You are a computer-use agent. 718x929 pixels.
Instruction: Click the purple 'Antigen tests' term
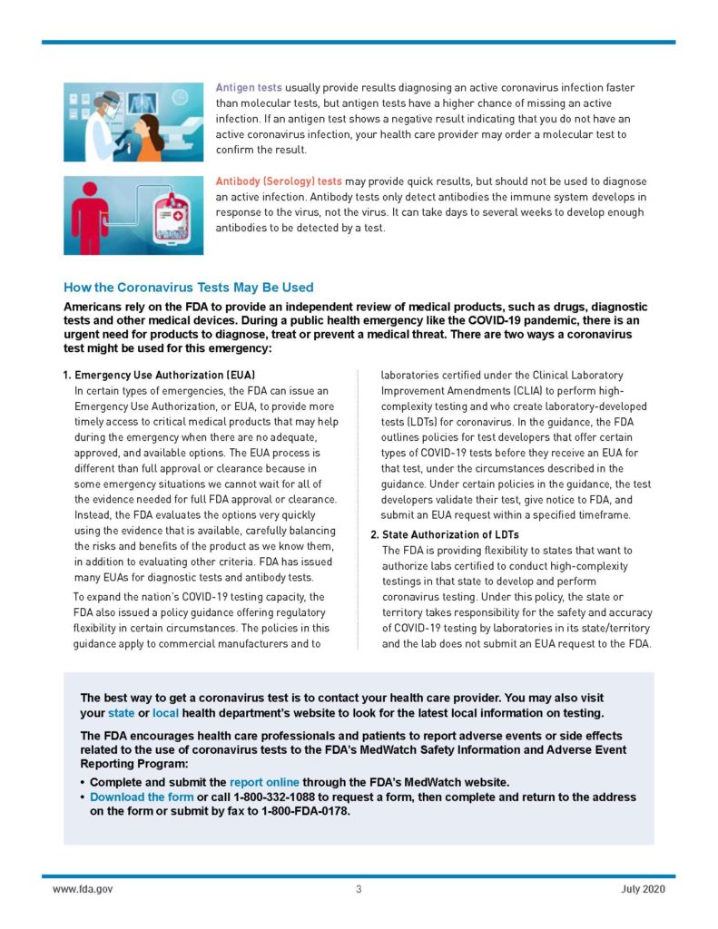pyautogui.click(x=249, y=88)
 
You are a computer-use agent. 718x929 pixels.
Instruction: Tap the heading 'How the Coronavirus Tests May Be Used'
pyautogui.click(x=189, y=287)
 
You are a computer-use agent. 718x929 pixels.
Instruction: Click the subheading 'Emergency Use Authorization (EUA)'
pyautogui.click(x=164, y=375)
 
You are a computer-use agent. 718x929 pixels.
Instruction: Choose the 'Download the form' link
pyautogui.click(x=141, y=797)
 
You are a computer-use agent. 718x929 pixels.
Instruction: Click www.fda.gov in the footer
pyautogui.click(x=83, y=889)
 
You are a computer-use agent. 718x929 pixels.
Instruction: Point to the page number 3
pyautogui.click(x=359, y=889)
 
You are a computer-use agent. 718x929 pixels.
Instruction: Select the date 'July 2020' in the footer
pyautogui.click(x=644, y=889)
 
